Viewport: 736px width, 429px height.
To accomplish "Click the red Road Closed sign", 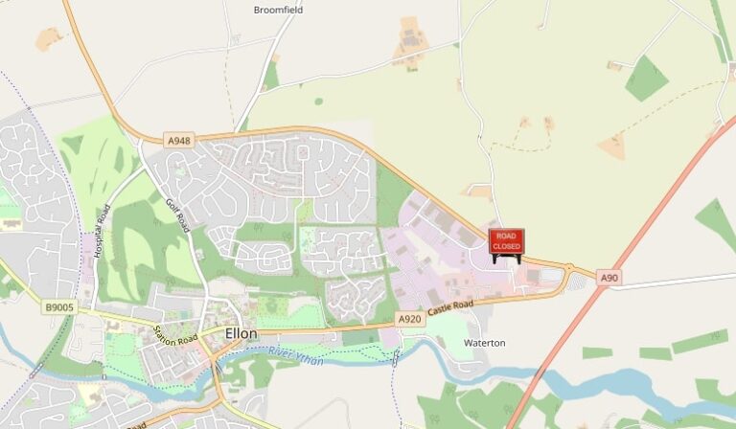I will pos(506,242).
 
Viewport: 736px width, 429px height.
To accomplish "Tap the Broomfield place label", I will pos(278,10).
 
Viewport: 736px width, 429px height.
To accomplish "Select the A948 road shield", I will pos(179,141).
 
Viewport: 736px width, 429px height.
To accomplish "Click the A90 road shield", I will pos(608,278).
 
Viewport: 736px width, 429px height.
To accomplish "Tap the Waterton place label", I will pos(484,343).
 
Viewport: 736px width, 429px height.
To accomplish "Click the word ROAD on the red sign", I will pos(506,236).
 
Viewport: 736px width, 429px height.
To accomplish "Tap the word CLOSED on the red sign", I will pos(506,247).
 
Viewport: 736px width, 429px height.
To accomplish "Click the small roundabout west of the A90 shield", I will pos(568,272).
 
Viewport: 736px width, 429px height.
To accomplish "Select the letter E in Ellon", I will pos(228,334).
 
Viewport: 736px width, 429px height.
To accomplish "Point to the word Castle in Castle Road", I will pos(440,310).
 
